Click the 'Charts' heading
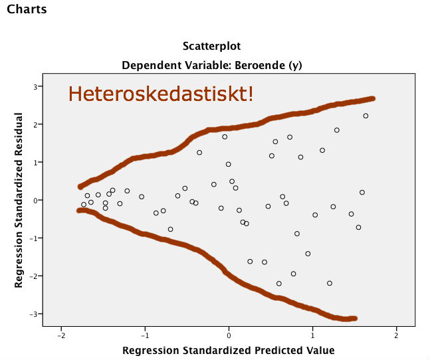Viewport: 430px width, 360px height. (x=27, y=11)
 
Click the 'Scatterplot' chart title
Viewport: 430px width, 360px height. (x=211, y=46)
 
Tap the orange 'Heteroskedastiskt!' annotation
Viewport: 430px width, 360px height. (x=161, y=94)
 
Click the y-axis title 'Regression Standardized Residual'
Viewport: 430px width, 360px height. (x=19, y=200)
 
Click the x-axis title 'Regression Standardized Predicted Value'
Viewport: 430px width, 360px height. (x=229, y=350)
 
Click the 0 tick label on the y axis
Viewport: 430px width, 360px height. (x=34, y=200)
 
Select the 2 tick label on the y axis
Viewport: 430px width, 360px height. (x=34, y=124)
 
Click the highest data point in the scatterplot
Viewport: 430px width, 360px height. (x=366, y=116)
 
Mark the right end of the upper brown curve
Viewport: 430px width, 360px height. (x=373, y=98)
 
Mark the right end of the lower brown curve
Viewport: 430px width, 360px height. (x=354, y=319)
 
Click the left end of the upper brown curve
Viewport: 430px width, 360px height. (x=80, y=187)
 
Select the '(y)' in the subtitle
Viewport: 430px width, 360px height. (x=294, y=66)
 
